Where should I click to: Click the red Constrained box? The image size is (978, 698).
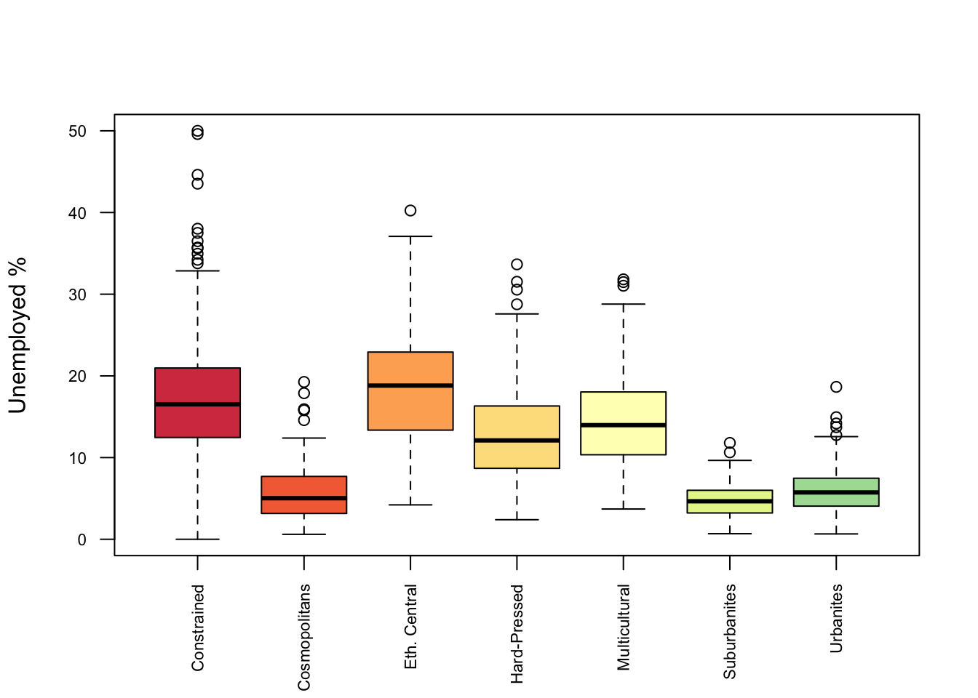click(197, 385)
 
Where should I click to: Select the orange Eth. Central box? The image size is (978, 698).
click(410, 407)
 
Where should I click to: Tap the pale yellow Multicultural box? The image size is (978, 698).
click(623, 440)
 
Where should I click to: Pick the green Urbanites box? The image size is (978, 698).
click(836, 500)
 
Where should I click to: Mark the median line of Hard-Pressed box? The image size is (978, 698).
click(517, 440)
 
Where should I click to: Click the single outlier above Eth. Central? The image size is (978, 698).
click(410, 211)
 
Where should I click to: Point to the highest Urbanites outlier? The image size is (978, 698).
click(836, 387)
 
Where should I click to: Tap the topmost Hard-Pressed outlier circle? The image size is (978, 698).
click(517, 264)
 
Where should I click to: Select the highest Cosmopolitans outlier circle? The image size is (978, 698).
click(304, 382)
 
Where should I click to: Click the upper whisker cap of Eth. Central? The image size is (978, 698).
click(410, 236)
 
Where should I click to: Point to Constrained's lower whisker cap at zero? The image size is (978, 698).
click(197, 539)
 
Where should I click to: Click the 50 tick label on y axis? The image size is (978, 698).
click(78, 132)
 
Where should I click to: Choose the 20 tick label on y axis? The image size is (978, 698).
click(78, 377)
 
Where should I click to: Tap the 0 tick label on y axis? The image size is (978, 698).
click(82, 539)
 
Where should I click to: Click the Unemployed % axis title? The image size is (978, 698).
click(17, 335)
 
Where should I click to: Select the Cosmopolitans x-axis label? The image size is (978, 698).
click(304, 637)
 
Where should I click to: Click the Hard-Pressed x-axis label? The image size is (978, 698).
click(517, 633)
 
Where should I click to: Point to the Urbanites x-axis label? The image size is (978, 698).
click(836, 618)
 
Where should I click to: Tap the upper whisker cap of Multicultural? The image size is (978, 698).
click(623, 304)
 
